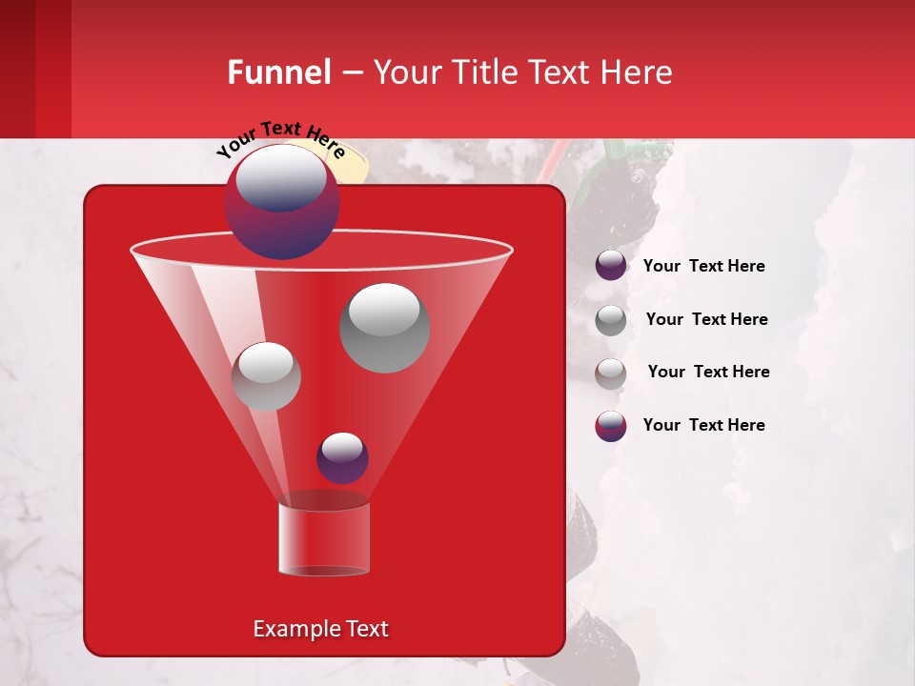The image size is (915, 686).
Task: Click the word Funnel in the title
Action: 278,72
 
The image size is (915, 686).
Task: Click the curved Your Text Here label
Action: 280,139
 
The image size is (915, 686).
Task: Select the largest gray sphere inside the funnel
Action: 385,328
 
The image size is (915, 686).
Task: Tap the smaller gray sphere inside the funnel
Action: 267,375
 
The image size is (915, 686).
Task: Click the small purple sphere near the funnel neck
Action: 342,457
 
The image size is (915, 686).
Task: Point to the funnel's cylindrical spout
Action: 324,538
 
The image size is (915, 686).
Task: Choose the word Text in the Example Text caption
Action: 366,629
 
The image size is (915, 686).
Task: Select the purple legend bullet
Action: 611,266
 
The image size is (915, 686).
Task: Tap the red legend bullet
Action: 611,426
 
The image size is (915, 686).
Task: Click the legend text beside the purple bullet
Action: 703,266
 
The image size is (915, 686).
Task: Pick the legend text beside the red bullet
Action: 703,425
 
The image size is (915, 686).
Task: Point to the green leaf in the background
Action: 610,157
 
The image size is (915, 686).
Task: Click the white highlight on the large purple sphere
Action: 280,177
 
